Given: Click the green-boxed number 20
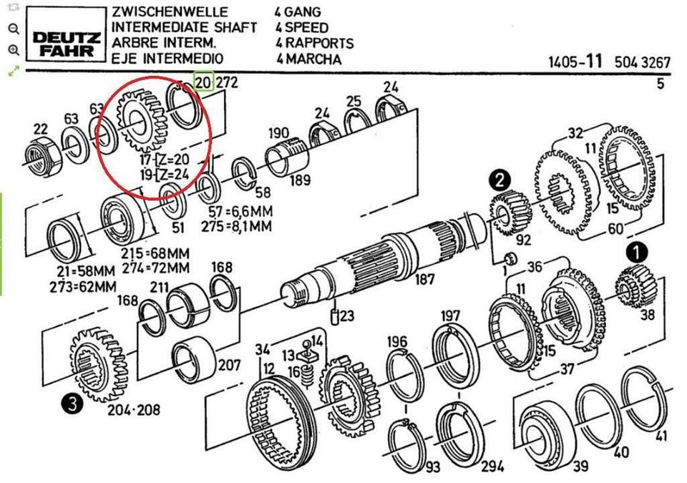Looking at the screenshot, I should pos(203,82).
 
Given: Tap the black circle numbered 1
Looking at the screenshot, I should pos(636,253).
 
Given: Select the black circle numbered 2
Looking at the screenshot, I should pos(500,179).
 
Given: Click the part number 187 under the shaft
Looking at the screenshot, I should pos(425,278).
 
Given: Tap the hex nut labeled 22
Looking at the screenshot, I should pos(40,152).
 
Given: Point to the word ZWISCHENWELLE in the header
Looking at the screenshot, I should pos(170,12).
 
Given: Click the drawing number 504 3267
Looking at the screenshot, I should pos(642,62).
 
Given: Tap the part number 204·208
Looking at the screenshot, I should pos(133,410).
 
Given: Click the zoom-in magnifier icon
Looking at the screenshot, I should pos(13,50).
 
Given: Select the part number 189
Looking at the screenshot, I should pos(300,180).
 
